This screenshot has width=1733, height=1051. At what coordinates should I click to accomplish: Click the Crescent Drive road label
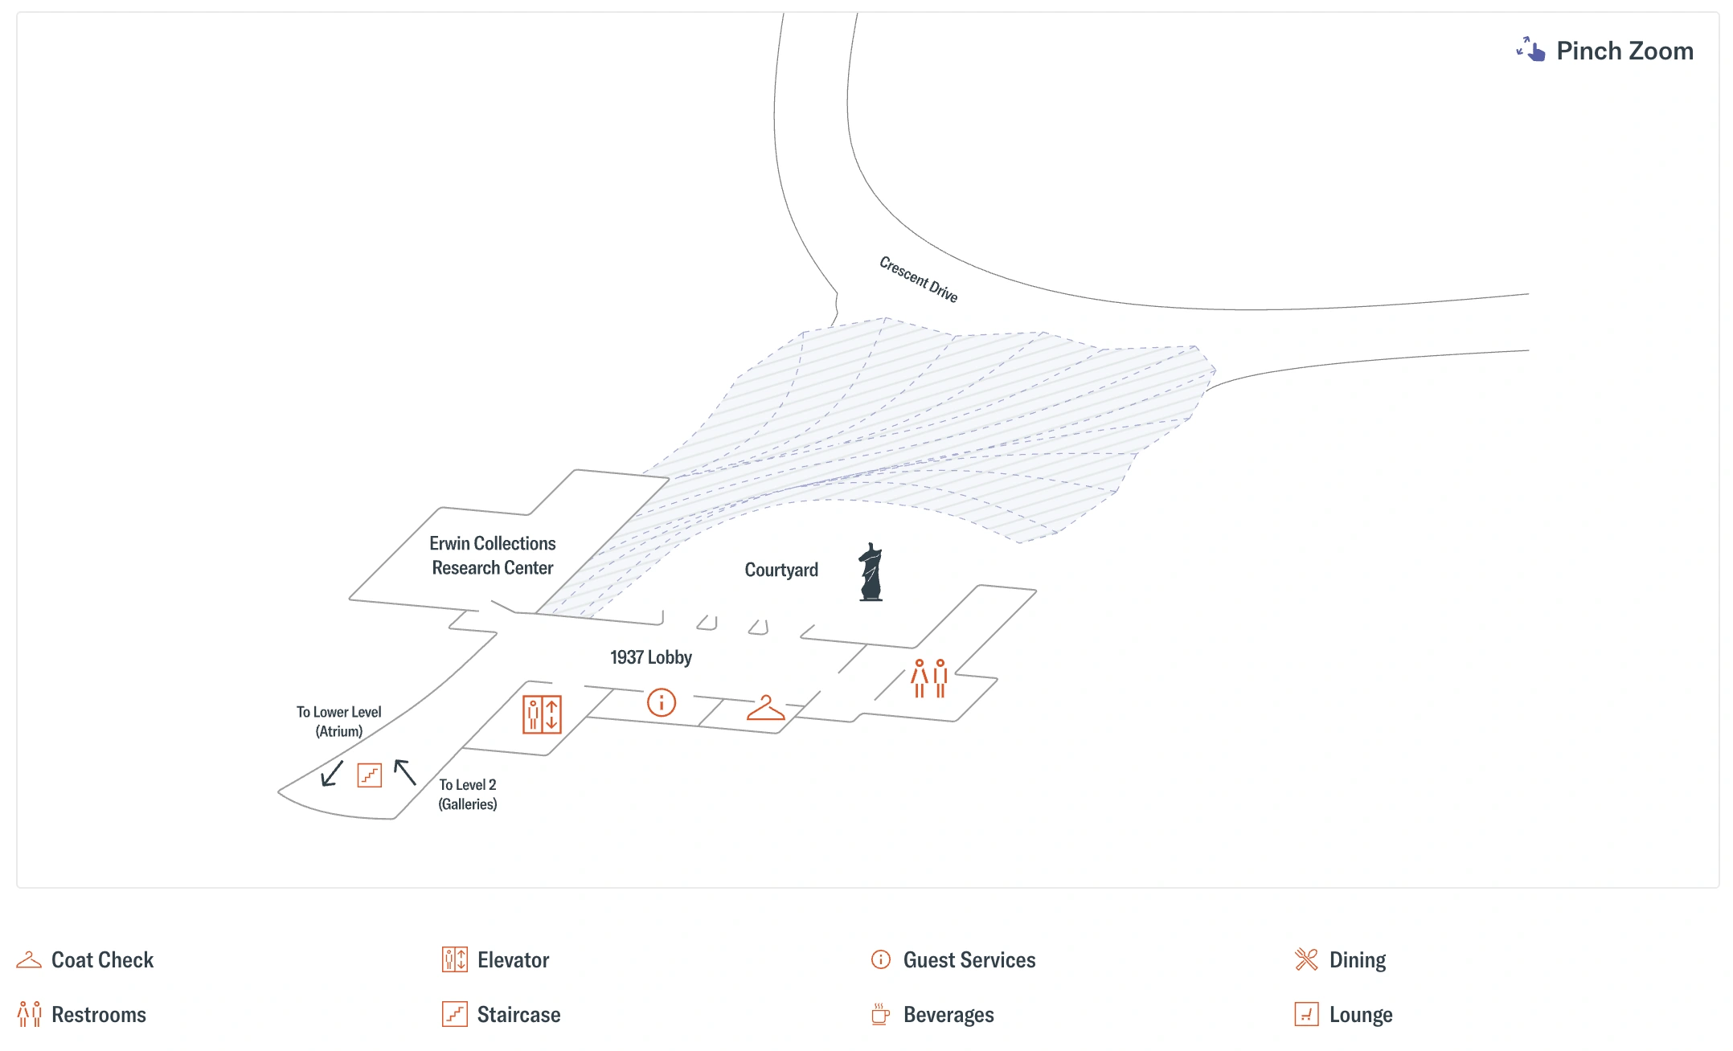(918, 280)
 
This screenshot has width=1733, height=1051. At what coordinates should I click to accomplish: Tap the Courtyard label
(781, 570)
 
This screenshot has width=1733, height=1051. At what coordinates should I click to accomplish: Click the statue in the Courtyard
(871, 572)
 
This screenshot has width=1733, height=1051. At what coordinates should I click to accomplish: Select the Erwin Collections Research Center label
(493, 555)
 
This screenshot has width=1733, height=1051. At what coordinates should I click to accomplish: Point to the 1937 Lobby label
(650, 657)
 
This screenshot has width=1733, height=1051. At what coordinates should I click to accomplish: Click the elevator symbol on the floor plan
(542, 714)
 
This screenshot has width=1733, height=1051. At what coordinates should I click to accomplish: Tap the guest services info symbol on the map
(662, 702)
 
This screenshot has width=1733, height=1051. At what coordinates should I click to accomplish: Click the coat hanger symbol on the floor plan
(765, 709)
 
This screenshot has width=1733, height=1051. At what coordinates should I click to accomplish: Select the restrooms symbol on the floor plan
(929, 679)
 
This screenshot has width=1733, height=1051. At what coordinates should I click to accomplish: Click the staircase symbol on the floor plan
(369, 775)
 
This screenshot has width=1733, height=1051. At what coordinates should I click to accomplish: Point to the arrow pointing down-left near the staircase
(331, 774)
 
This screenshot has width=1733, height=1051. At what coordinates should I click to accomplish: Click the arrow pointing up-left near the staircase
(404, 772)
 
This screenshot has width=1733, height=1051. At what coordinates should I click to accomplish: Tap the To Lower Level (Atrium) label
(338, 722)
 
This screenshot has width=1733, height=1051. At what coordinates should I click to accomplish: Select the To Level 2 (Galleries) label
(467, 794)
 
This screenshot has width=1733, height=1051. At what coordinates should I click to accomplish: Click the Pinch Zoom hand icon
(1530, 50)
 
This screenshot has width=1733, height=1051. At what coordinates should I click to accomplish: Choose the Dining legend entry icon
(1306, 959)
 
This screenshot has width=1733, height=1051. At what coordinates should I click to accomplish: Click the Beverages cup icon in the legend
(880, 1014)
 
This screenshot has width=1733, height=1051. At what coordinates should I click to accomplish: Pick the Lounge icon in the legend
(1306, 1014)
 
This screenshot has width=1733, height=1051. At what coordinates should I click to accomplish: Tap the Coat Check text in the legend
(102, 960)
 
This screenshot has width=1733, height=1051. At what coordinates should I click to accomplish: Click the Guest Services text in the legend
(969, 960)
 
